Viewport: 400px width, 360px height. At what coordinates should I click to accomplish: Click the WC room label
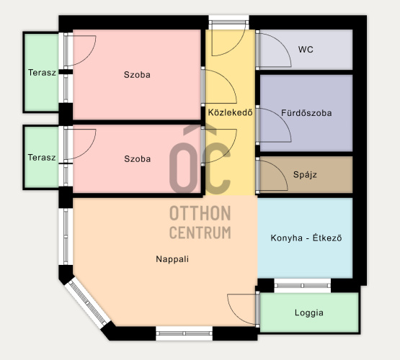tap(306, 50)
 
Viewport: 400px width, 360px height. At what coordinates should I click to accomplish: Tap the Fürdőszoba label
tap(306, 113)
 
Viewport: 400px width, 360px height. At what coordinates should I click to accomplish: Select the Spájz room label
tap(305, 175)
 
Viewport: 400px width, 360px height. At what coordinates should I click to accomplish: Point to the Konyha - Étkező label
tap(306, 238)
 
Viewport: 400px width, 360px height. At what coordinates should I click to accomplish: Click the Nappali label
tap(172, 259)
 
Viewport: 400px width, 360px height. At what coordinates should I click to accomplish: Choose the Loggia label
tap(309, 313)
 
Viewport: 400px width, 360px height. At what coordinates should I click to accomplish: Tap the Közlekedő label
tap(231, 112)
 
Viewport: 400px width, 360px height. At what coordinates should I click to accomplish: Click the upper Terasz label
tap(42, 73)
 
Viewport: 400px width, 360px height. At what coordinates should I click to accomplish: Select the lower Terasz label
tap(42, 158)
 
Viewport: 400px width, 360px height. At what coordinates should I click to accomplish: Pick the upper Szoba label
tap(137, 75)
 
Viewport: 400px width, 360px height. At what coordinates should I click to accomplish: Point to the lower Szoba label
tap(137, 159)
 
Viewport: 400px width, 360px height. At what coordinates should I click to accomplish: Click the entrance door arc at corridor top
tap(235, 46)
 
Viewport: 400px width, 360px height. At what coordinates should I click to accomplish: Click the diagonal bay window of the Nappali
tap(87, 303)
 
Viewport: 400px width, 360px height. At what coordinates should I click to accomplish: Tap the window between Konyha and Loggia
tap(302, 286)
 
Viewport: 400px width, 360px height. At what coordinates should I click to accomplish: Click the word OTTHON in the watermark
tap(200, 214)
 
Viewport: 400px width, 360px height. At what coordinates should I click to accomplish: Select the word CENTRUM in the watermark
tap(200, 233)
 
